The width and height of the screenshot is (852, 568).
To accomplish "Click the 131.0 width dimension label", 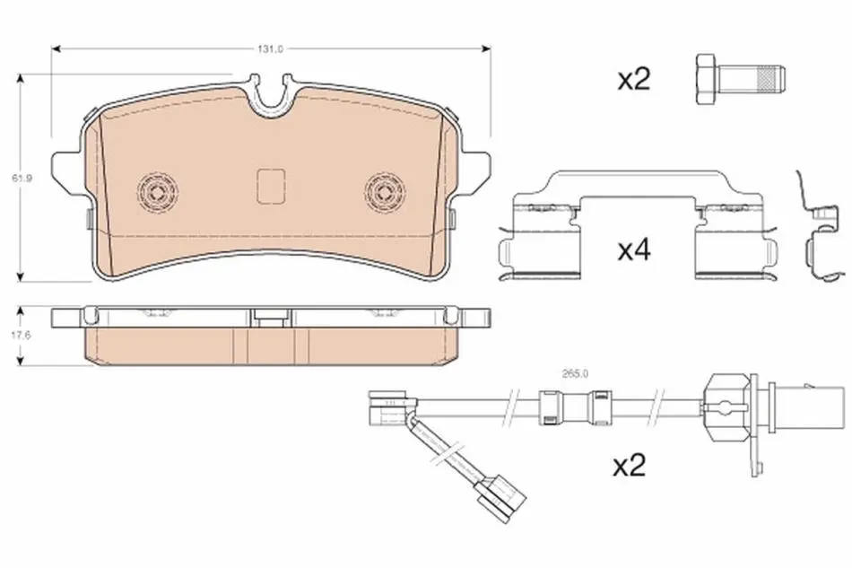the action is pyautogui.click(x=270, y=49).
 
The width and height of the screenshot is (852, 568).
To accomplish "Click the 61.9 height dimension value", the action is pyautogui.click(x=22, y=178).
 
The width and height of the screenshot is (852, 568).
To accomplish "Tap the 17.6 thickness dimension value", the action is pyautogui.click(x=22, y=336).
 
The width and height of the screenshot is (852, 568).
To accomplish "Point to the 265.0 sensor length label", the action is pyautogui.click(x=575, y=373).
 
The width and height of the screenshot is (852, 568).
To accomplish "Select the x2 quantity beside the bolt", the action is pyautogui.click(x=633, y=80).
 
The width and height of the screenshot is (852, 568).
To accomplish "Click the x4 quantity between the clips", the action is pyautogui.click(x=634, y=250).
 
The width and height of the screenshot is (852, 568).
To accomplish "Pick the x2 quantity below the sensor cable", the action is pyautogui.click(x=630, y=466).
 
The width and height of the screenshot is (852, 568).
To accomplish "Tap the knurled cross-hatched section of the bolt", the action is pyautogui.click(x=767, y=79).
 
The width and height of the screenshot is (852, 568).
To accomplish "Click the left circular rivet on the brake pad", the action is pyautogui.click(x=158, y=192).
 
